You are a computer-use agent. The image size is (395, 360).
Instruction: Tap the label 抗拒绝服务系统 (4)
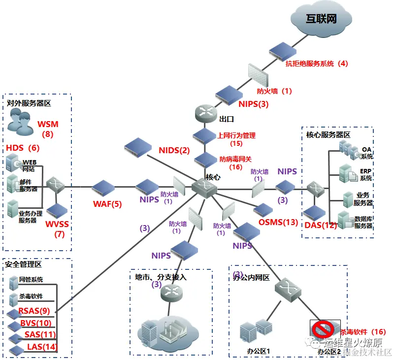click(x=317, y=64)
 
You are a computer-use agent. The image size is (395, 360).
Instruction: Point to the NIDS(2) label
click(x=174, y=150)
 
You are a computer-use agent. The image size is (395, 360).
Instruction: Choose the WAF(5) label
click(x=107, y=203)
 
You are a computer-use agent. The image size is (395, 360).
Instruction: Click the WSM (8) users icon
click(x=20, y=121)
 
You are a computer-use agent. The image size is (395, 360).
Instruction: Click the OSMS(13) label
click(x=278, y=222)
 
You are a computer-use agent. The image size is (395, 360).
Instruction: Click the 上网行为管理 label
click(x=236, y=135)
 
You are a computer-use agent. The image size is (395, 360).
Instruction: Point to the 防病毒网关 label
click(x=235, y=159)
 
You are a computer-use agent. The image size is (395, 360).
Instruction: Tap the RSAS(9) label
click(x=34, y=311)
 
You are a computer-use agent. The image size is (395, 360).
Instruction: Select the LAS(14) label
click(x=42, y=347)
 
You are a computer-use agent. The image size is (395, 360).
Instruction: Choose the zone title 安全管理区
click(x=24, y=264)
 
